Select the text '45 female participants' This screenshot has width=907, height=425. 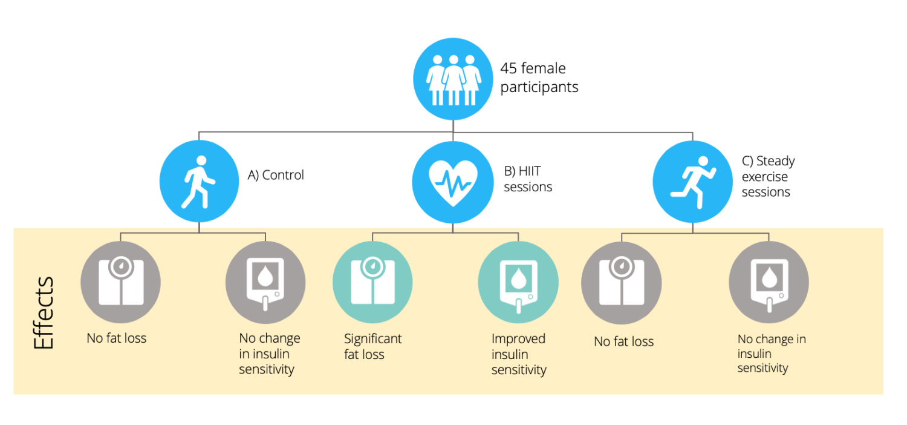click(x=539, y=77)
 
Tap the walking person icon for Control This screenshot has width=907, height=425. click(x=199, y=182)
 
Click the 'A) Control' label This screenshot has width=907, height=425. click(x=276, y=175)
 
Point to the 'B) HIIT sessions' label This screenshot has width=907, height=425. click(x=527, y=179)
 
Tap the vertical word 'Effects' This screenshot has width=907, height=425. click(x=44, y=313)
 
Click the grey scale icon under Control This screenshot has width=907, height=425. click(x=120, y=283)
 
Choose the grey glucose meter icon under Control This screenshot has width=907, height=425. click(x=265, y=283)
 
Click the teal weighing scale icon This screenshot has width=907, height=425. click(x=372, y=283)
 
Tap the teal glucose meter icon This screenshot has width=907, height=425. click(x=518, y=283)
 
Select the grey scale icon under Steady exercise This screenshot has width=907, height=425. click(x=621, y=283)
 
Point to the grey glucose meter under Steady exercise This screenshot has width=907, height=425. click(x=768, y=283)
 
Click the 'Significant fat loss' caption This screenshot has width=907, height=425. click(x=372, y=346)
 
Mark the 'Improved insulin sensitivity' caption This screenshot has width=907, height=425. click(x=519, y=354)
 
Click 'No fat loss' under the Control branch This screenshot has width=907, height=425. click(x=117, y=338)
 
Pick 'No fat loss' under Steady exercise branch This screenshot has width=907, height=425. click(x=623, y=341)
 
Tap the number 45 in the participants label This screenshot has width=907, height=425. click(x=510, y=69)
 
